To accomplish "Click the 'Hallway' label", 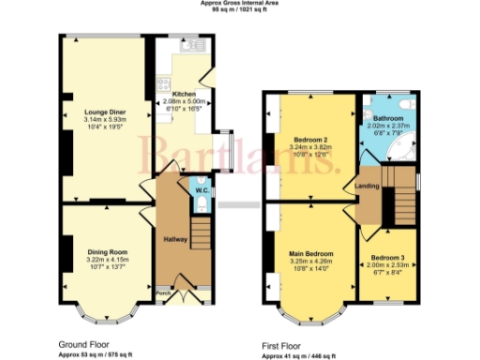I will pyautogui.click(x=176, y=239).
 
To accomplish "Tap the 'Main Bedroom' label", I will pyautogui.click(x=308, y=253).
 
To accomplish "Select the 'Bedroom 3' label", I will pyautogui.click(x=387, y=258).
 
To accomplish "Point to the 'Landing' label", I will pyautogui.click(x=367, y=186).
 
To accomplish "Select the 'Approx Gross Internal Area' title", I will pyautogui.click(x=240, y=3).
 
